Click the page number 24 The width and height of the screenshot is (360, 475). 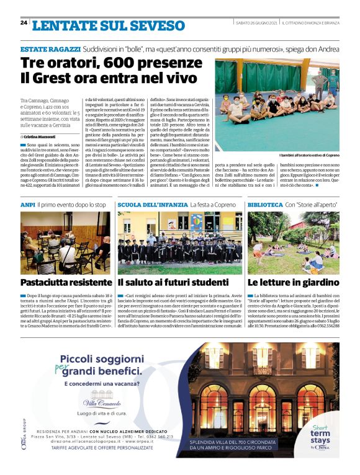pyautogui.click(x=24, y=23)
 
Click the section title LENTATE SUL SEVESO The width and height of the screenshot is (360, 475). pyautogui.click(x=109, y=25)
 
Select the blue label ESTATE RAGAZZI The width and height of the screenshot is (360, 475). pyautogui.click(x=50, y=48)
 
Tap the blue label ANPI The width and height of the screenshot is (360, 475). pyautogui.click(x=27, y=204)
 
